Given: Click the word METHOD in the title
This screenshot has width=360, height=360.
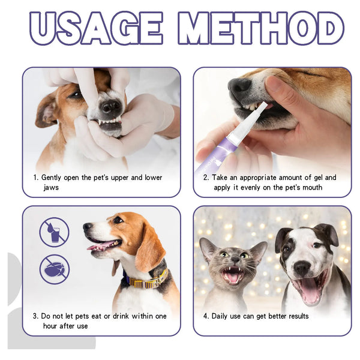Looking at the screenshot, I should [x=264, y=28].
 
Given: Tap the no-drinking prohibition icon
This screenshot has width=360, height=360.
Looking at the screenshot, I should [x=55, y=232].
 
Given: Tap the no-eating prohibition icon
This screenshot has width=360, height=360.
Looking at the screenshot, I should [x=55, y=269].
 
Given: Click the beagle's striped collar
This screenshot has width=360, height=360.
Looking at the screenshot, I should [x=147, y=280].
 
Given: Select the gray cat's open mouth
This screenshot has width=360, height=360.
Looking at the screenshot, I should [x=232, y=275].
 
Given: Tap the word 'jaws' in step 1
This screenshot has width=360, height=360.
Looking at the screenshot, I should [x=51, y=188].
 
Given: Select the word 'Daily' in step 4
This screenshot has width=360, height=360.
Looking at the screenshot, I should [x=222, y=316].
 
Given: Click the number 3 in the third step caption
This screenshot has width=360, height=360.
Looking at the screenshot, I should [x=35, y=316].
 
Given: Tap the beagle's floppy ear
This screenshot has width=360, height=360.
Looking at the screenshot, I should [x=147, y=246].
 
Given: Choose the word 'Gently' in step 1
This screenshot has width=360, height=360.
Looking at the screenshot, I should [x=53, y=178].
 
